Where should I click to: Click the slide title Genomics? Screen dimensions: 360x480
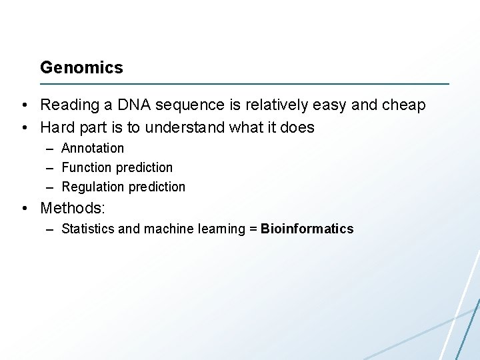[81, 67]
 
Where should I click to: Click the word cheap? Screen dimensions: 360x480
[403, 105]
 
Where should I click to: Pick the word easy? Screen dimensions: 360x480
[326, 105]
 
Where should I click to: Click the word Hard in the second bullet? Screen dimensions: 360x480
[57, 127]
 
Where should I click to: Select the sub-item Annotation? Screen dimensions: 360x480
[93, 148]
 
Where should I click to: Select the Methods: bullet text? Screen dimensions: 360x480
[73, 208]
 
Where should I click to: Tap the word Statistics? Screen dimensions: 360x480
[87, 229]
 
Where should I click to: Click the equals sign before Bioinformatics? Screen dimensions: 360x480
[253, 229]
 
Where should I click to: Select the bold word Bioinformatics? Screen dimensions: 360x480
[307, 229]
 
